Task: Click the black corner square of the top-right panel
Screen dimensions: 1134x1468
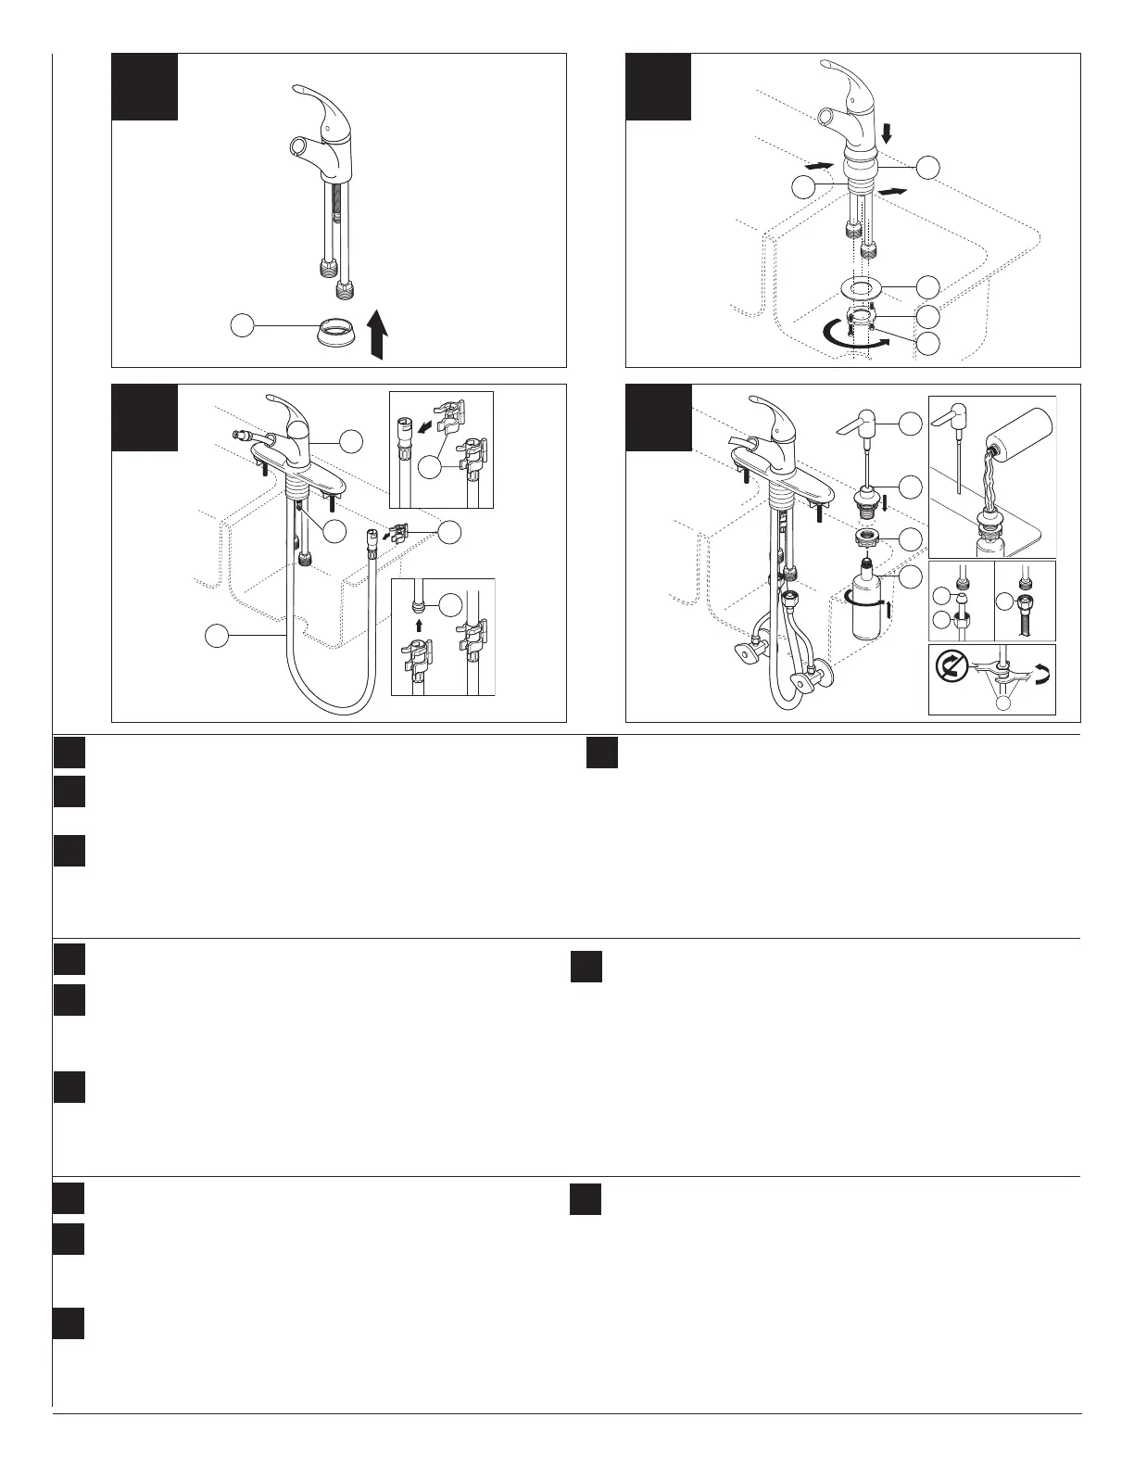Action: pyautogui.click(x=659, y=87)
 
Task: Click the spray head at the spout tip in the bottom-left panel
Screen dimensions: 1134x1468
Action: pyautogui.click(x=243, y=435)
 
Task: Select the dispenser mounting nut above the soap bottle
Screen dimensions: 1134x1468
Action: pyautogui.click(x=866, y=537)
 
